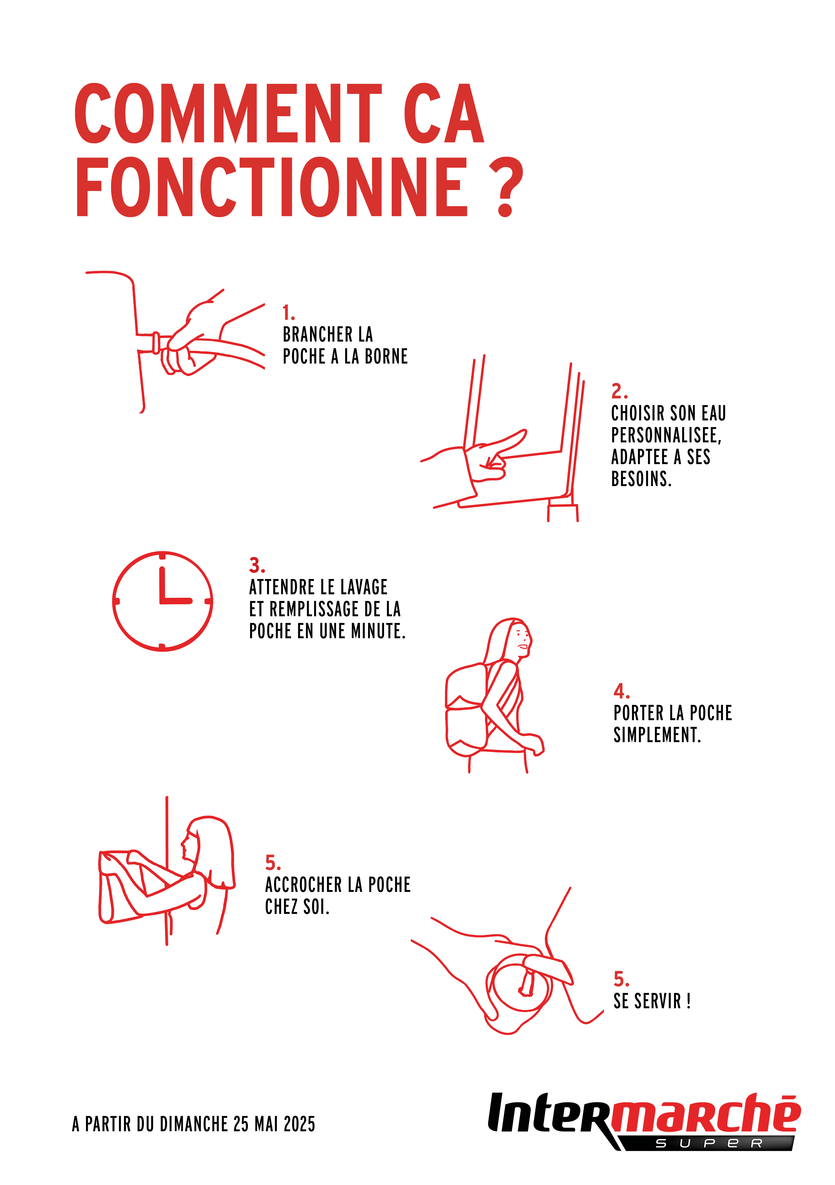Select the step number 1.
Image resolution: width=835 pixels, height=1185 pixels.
pyautogui.click(x=289, y=313)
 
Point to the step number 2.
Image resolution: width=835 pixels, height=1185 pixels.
pyautogui.click(x=619, y=391)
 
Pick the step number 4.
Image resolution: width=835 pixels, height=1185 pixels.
pyautogui.click(x=621, y=691)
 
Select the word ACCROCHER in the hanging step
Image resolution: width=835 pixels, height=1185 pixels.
pyautogui.click(x=303, y=885)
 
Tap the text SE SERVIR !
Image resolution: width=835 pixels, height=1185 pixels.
pyautogui.click(x=652, y=1001)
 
